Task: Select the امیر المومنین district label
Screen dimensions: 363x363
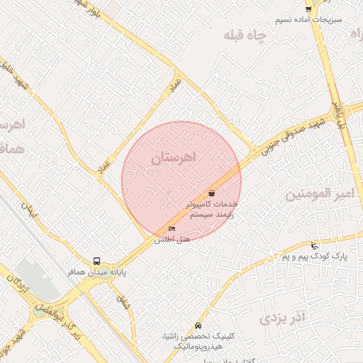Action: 319,194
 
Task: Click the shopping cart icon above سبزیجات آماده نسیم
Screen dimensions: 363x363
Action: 308,9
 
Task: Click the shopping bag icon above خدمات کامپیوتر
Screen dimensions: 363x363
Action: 212,193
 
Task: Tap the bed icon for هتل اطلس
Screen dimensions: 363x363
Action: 172,228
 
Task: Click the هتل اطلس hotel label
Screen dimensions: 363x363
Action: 173,240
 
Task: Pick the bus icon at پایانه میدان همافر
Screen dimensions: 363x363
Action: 96,261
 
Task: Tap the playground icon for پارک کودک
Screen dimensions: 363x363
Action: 315,246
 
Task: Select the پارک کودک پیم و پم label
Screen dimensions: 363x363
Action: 315,256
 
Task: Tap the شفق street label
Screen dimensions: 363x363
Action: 123,301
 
